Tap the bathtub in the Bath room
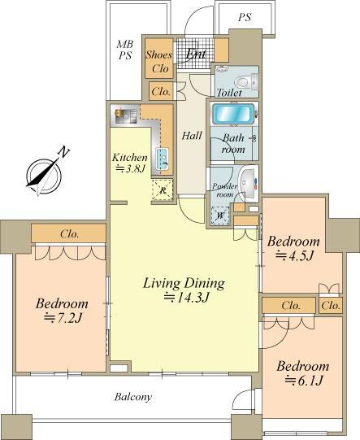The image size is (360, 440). point(233,114)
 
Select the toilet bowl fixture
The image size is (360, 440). point(241,82)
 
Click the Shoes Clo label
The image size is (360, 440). point(159,61)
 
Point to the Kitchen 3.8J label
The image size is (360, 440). point(130,163)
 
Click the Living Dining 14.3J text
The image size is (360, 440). point(184,290)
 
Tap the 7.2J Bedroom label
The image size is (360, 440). point(62,311)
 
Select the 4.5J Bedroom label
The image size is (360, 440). point(293,248)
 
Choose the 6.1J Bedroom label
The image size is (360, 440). point(303,373)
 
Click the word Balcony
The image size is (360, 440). point(133,397)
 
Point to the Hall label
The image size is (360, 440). point(192,136)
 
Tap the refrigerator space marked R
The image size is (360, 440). point(163,190)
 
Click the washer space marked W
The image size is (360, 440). point(220,216)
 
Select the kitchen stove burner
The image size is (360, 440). point(118,113)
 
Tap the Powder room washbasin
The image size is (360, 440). point(249,183)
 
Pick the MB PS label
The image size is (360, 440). point(125,50)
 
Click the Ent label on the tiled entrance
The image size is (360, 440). point(196,54)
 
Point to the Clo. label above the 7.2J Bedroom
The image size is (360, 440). point(69,233)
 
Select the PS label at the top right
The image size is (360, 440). point(245,18)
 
